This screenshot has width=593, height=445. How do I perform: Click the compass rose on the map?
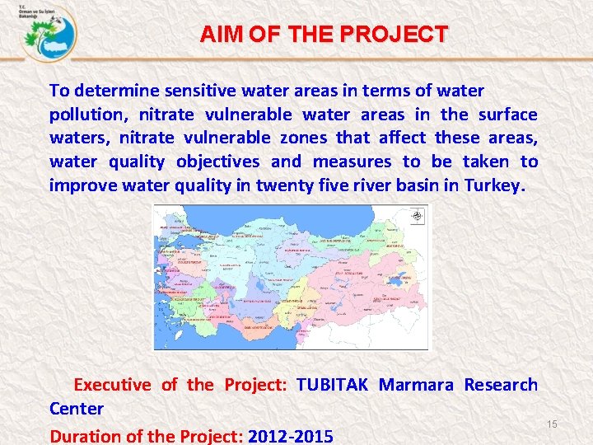[418, 217]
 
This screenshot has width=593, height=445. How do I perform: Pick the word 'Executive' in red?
[113, 385]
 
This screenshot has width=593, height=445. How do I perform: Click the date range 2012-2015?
[291, 436]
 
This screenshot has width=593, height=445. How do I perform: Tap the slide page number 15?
[553, 424]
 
